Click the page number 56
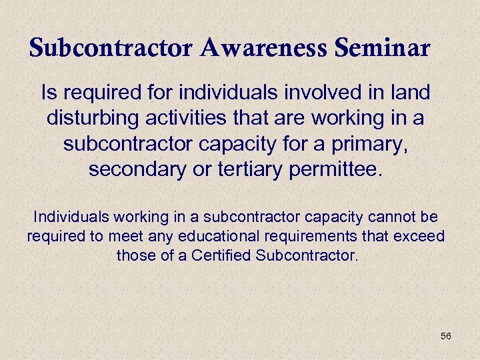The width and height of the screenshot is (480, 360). pos(446,336)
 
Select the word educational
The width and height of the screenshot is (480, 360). pos(204,236)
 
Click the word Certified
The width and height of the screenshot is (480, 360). pos(221,255)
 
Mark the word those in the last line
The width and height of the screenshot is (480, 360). pos(133,255)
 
